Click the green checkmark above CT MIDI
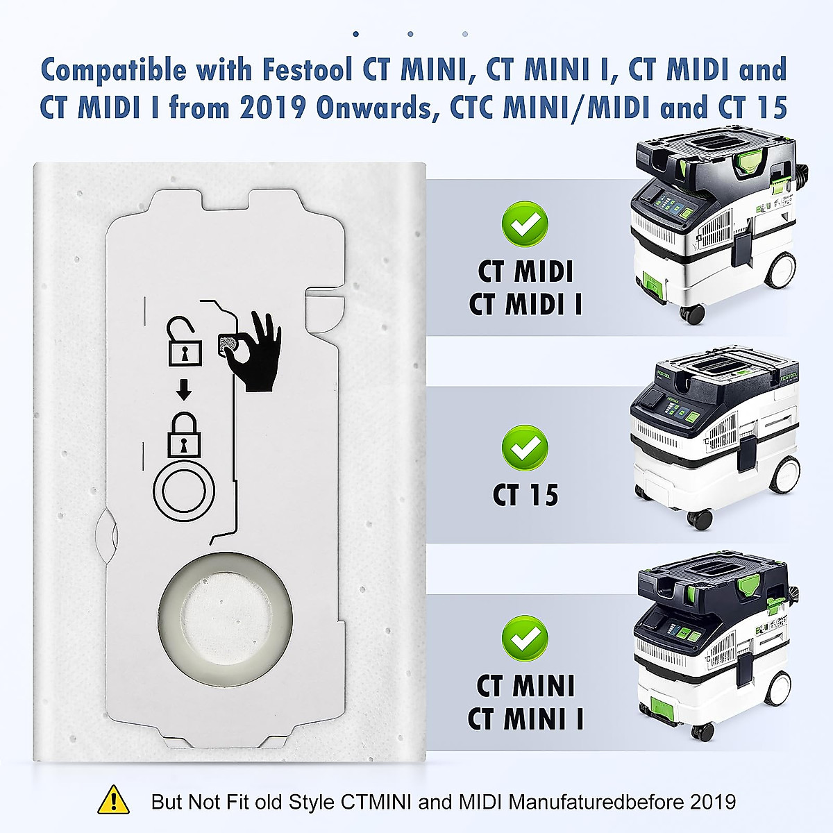coord(525,224)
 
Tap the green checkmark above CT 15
coord(525,448)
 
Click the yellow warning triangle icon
coord(113,800)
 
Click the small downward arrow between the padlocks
coord(184,391)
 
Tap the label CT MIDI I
coord(525,304)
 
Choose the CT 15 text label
coord(525,495)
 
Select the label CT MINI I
coord(525,718)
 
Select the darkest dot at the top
coord(356,33)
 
